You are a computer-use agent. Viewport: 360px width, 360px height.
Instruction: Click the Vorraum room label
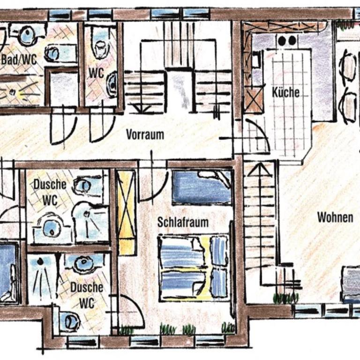pos(145,135)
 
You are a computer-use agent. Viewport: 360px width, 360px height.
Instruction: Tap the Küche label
pos(285,92)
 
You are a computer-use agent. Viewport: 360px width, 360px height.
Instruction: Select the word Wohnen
pos(335,217)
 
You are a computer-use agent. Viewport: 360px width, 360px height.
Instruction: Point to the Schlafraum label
pos(183,222)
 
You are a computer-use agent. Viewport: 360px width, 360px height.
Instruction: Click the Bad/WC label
pos(19,60)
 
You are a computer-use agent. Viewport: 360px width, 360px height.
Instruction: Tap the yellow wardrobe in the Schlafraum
pos(126,212)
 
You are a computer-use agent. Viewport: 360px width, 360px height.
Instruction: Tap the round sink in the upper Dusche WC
pos(83,185)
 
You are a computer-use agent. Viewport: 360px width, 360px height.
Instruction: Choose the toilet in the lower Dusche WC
pos(70,321)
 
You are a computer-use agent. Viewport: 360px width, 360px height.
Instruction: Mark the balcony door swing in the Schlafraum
pos(131,312)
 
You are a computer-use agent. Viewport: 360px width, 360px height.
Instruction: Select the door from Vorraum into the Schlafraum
pos(153,182)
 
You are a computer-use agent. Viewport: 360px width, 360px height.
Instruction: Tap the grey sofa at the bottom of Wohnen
pos(351,284)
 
